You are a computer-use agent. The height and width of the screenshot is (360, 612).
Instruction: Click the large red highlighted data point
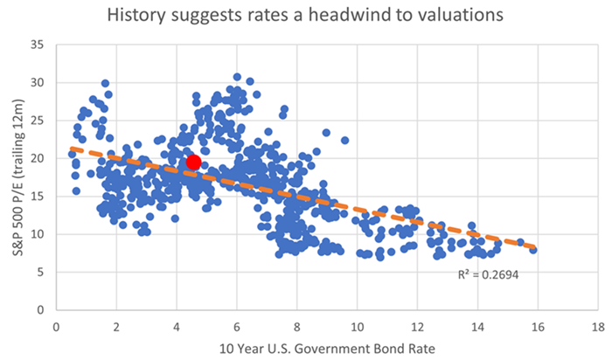(194, 163)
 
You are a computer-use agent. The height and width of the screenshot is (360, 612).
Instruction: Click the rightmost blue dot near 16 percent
(532, 250)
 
